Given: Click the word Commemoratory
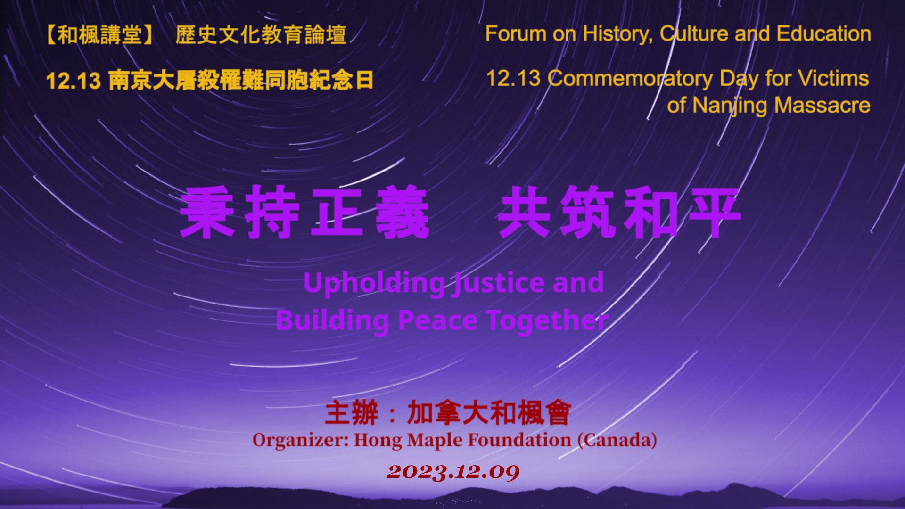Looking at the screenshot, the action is tap(631, 79).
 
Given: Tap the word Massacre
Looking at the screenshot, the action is tap(822, 105).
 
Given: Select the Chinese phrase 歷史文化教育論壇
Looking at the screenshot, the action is tap(261, 35).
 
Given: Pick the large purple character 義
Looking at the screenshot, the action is tap(403, 212).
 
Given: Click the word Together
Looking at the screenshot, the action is tap(547, 320).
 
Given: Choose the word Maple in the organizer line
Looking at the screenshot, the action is tap(435, 441).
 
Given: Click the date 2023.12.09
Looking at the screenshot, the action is tap(453, 472).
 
